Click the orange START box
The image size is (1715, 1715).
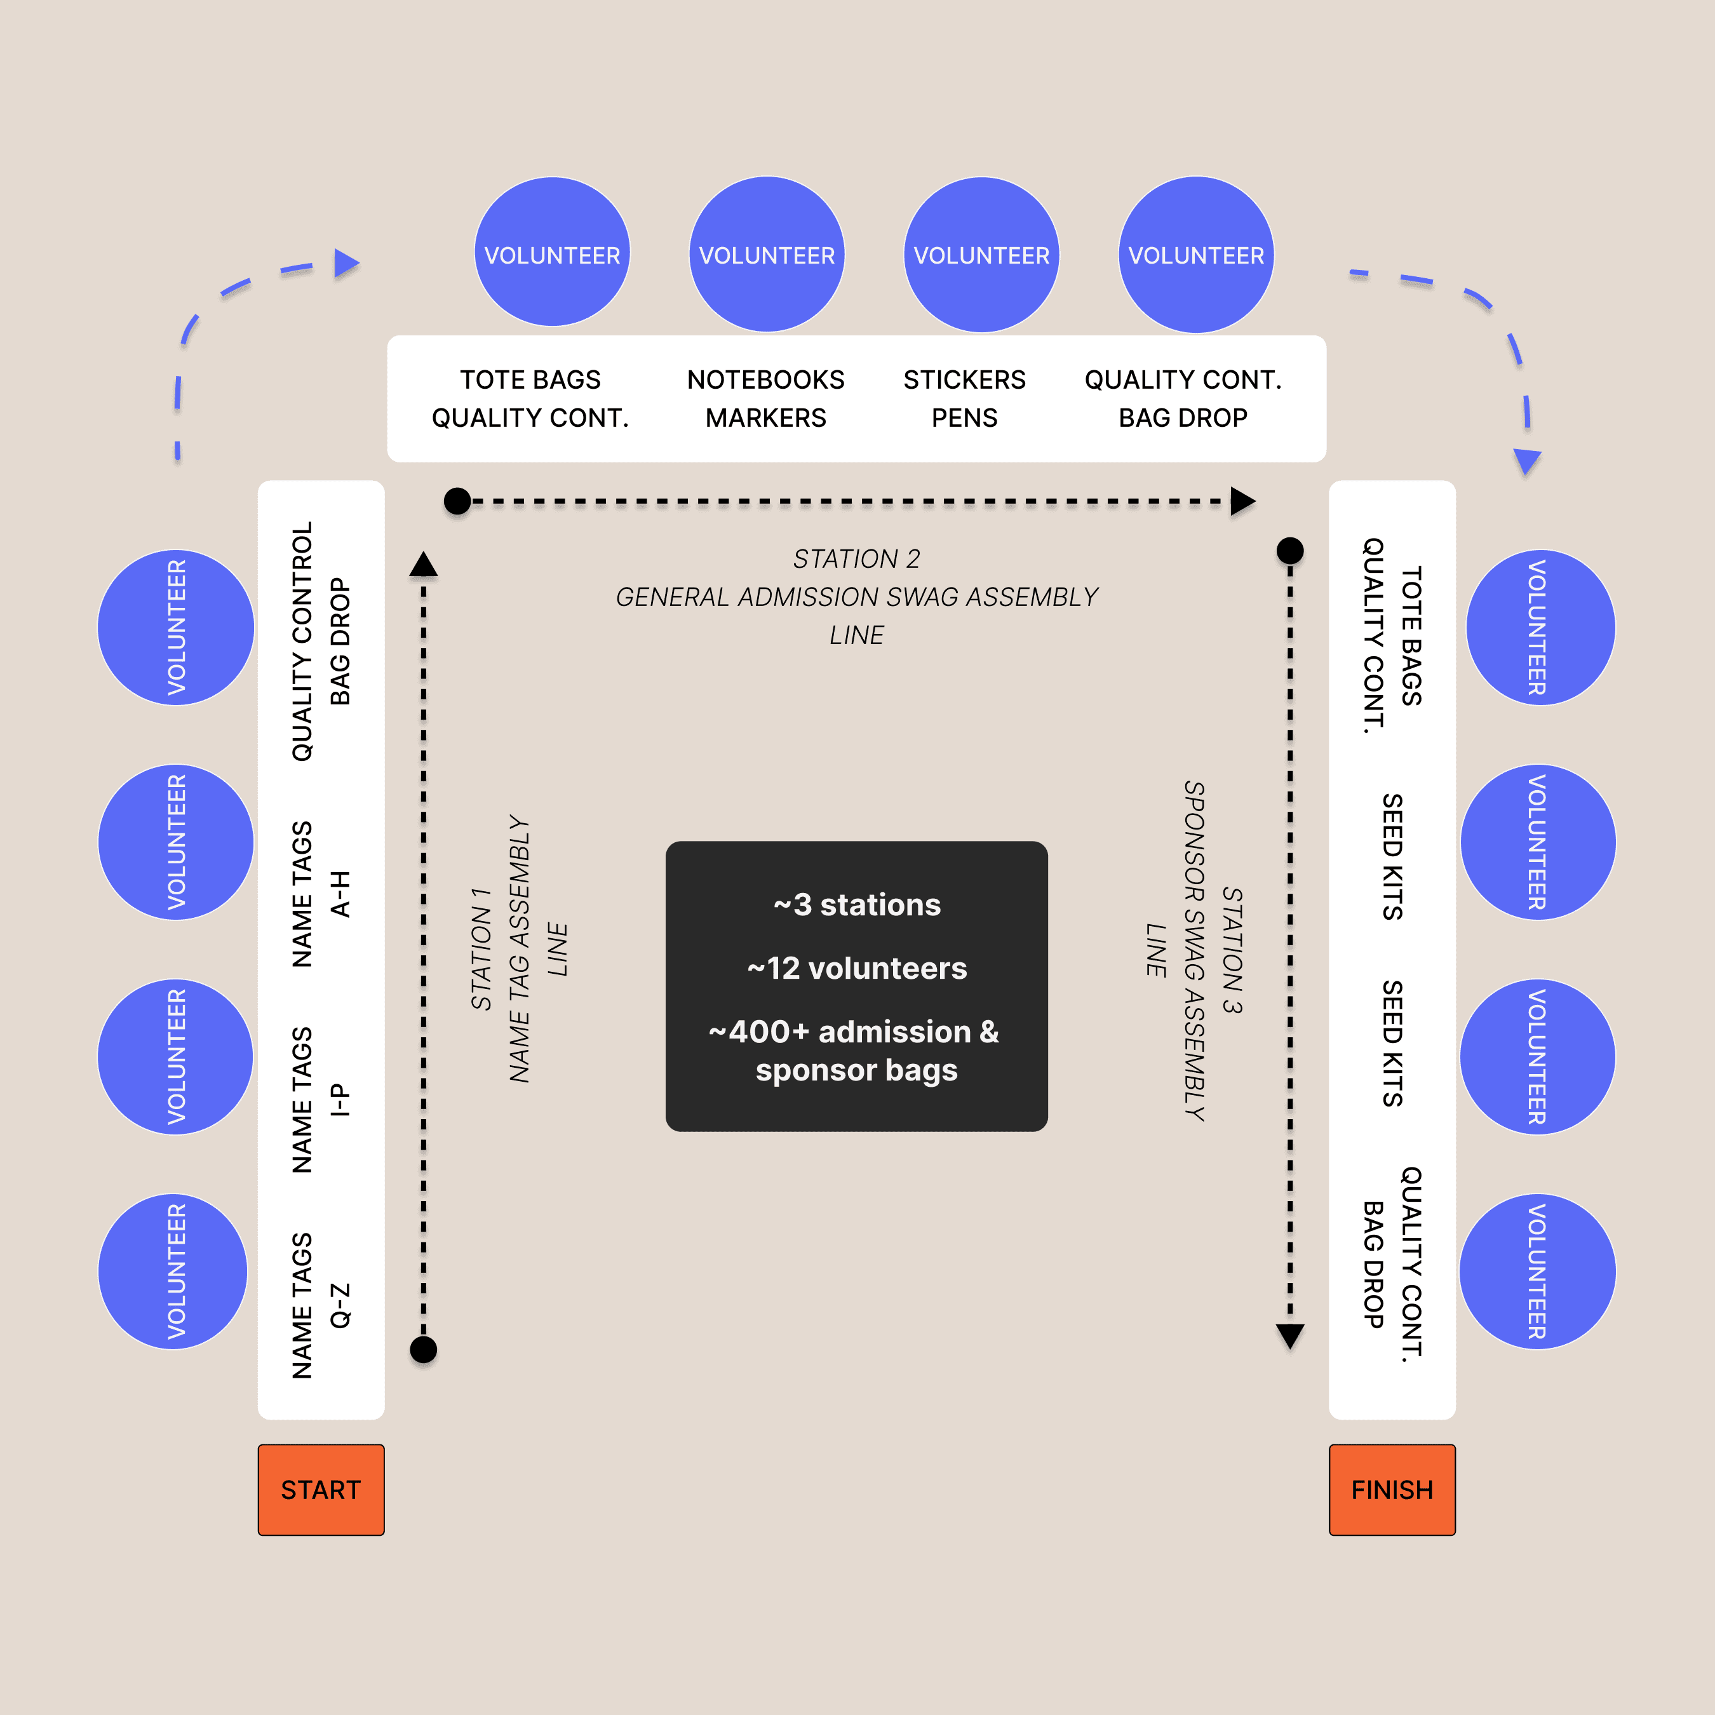click(x=321, y=1490)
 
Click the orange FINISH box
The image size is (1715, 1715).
click(x=1391, y=1490)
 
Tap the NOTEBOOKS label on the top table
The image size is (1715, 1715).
click(x=765, y=380)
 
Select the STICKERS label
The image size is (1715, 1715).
click(x=964, y=380)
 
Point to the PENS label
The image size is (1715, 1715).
click(x=964, y=418)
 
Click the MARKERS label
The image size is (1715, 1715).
click(x=765, y=418)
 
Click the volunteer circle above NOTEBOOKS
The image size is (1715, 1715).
click(x=767, y=255)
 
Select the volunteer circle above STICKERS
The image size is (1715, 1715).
click(x=982, y=255)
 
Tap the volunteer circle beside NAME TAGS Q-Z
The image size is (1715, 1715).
click(x=174, y=1271)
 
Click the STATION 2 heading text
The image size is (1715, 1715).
click(x=857, y=559)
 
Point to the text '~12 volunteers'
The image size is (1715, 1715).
click(x=857, y=969)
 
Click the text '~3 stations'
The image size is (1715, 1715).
click(x=857, y=905)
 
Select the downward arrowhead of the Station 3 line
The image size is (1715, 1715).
click(x=1290, y=1335)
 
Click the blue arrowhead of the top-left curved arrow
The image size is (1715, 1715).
click(x=346, y=263)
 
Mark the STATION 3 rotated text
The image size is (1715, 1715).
click(x=1232, y=950)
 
